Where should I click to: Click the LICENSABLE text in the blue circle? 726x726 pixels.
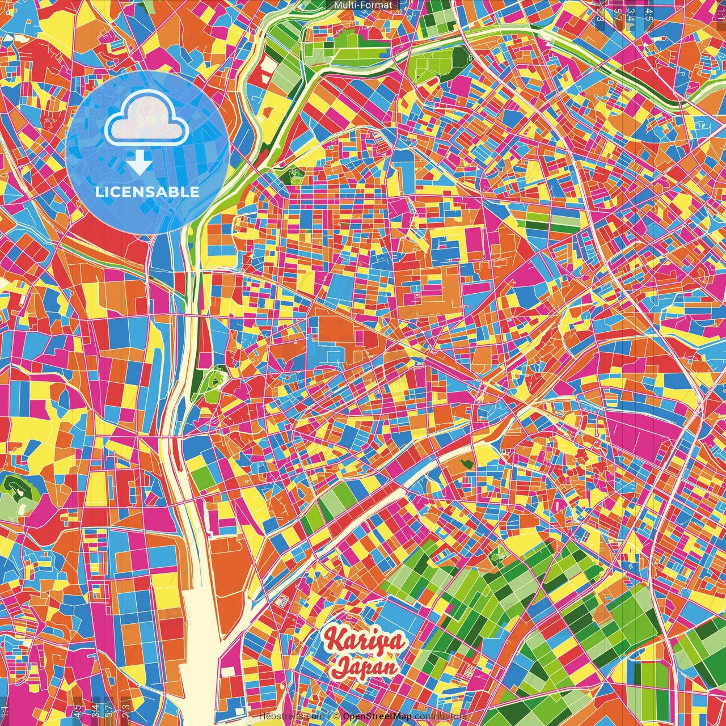pyautogui.click(x=147, y=192)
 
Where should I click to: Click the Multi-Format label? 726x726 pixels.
pyautogui.click(x=363, y=5)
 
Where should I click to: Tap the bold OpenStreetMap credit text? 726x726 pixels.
pyautogui.click(x=377, y=716)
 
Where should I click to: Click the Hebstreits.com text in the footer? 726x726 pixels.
pyautogui.click(x=292, y=716)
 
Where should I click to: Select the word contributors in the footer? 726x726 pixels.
pyautogui.click(x=441, y=716)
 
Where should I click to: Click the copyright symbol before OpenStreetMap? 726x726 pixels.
pyautogui.click(x=336, y=716)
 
